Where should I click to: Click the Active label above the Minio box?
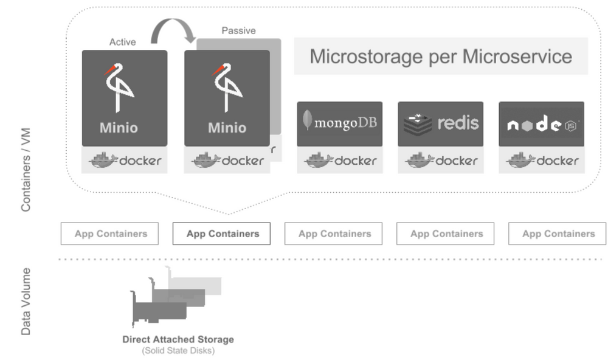pos(122,42)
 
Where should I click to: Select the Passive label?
pos(238,30)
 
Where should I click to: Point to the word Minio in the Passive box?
pos(227,128)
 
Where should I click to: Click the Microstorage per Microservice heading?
pos(441,57)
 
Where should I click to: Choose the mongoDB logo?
pos(339,122)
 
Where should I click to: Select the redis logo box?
pos(440,123)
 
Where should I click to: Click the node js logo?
pos(541,125)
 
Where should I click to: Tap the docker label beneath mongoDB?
pos(340,161)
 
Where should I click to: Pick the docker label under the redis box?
pos(440,161)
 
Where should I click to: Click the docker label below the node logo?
pos(541,161)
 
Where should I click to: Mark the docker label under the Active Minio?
pos(125,161)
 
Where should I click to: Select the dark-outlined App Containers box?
pos(222,234)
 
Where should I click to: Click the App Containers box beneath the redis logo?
pos(446,234)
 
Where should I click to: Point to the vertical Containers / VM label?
pos(26,170)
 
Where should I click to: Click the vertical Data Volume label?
pos(26,301)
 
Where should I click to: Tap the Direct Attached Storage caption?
pos(178,339)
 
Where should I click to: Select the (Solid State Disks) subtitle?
pos(178,351)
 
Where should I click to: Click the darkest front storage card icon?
pos(159,311)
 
